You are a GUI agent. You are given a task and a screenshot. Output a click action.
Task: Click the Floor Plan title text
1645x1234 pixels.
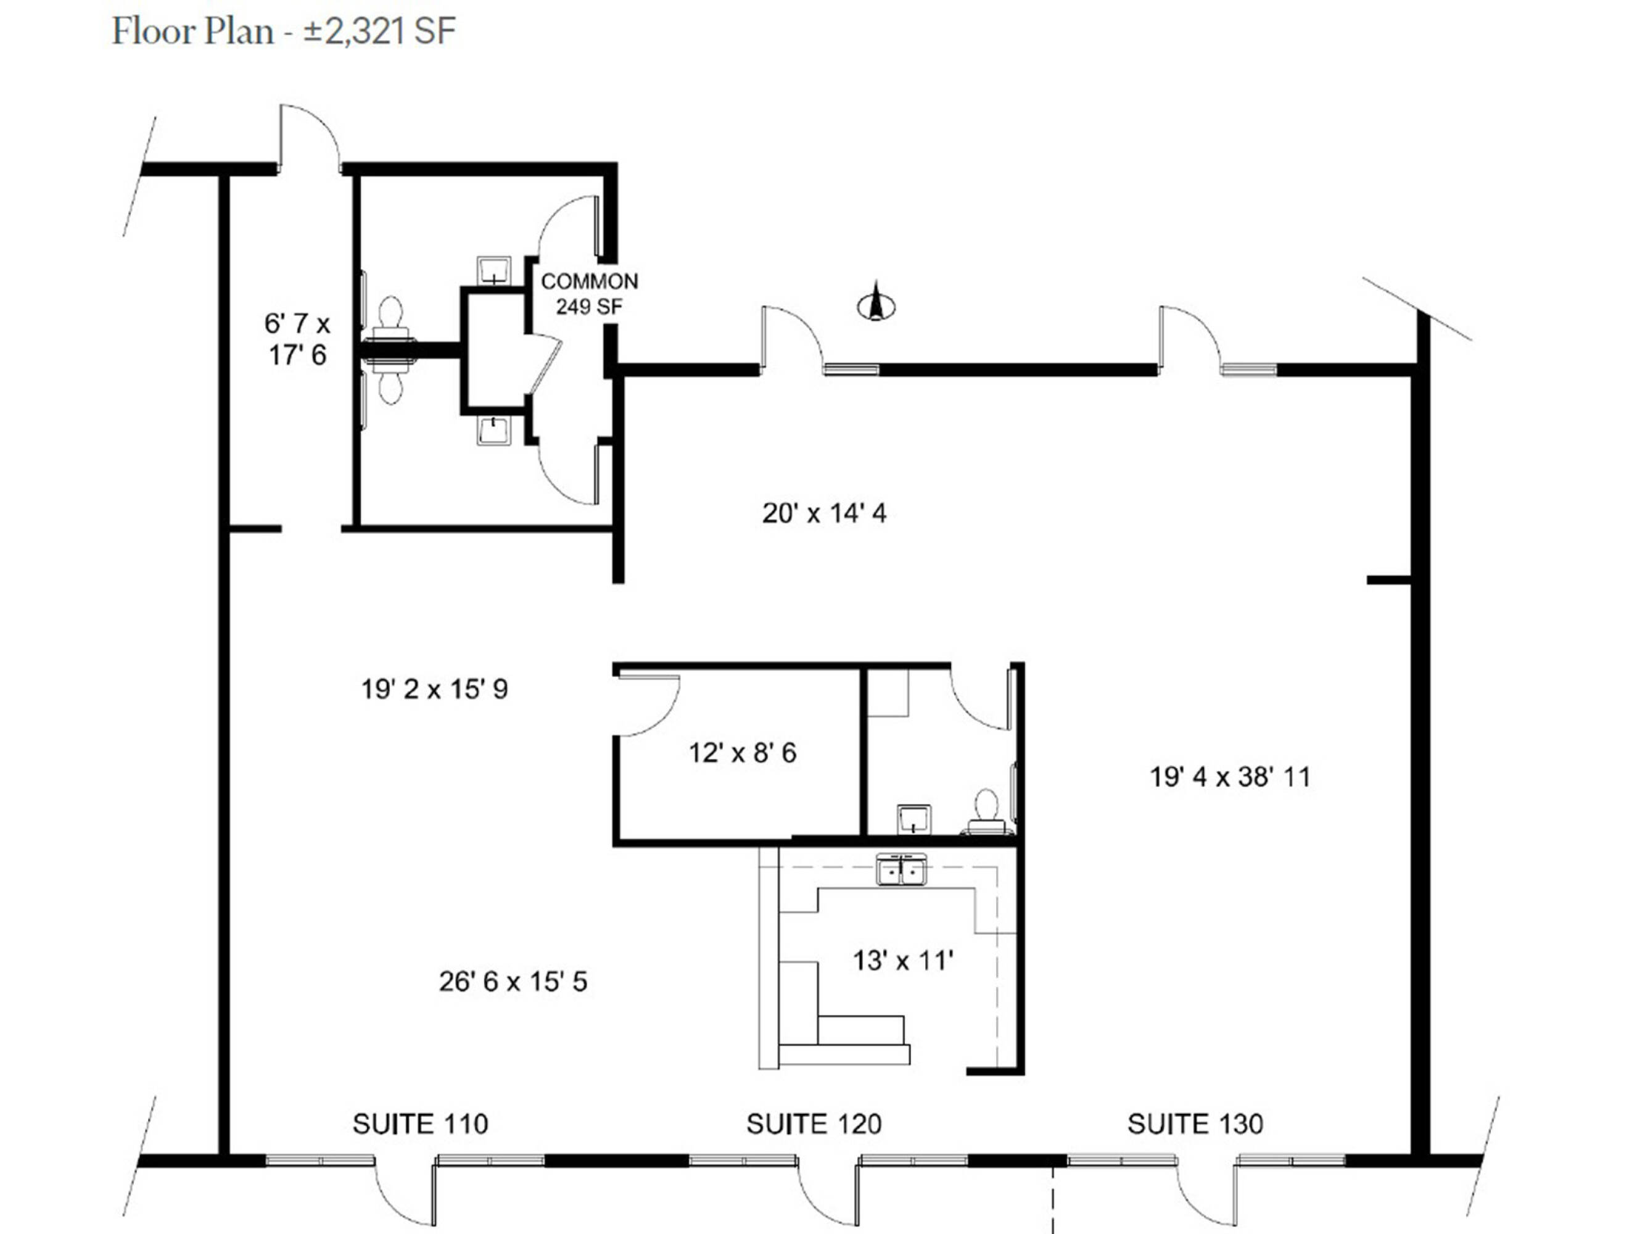283,31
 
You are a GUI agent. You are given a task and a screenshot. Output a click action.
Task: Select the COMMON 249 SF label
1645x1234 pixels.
589,294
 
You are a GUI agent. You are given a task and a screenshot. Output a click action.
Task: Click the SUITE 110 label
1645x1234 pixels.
420,1123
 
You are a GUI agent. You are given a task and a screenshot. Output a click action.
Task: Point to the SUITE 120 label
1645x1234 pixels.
814,1123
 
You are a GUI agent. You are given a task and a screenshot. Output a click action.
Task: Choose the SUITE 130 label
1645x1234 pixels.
1195,1123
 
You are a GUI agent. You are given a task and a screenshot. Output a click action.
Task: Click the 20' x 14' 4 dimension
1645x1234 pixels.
824,513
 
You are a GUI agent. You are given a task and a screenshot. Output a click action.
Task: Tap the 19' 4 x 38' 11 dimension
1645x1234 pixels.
1230,777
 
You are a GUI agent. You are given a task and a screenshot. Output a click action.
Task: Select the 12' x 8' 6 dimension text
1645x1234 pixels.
742,753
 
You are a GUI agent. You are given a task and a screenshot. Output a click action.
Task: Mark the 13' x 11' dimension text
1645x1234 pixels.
903,960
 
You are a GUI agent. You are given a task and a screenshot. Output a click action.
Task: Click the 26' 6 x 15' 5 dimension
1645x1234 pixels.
513,981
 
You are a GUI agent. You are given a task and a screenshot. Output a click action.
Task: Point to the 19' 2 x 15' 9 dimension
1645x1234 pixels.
435,689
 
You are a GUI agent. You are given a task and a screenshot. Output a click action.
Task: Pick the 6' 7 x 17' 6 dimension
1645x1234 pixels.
297,339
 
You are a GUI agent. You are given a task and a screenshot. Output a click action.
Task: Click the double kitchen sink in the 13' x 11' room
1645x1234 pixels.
901,869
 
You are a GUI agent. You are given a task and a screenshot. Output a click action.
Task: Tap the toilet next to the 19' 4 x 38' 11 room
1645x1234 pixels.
986,814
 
